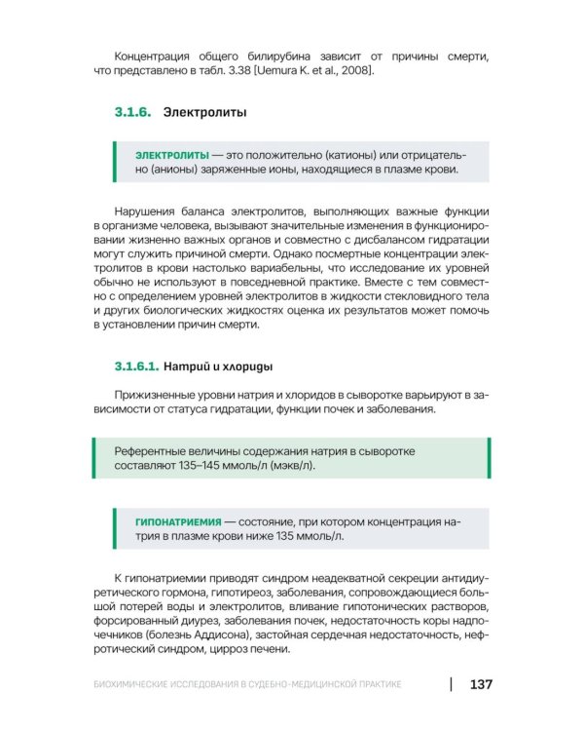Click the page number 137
(480, 684)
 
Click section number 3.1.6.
(132, 113)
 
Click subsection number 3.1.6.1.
(136, 367)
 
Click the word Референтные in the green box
(152, 451)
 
